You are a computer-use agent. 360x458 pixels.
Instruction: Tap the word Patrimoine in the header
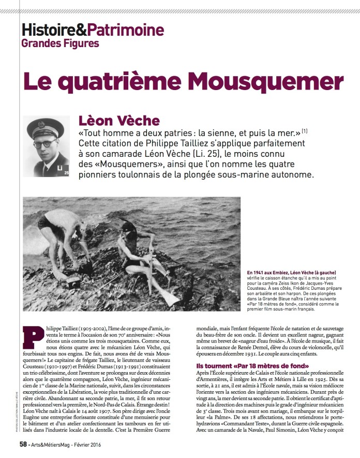coord(125,29)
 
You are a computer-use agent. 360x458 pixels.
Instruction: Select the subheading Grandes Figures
coord(60,43)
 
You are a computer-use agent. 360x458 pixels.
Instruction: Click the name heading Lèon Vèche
coord(119,121)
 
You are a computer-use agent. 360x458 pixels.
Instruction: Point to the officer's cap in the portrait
coord(46,127)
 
